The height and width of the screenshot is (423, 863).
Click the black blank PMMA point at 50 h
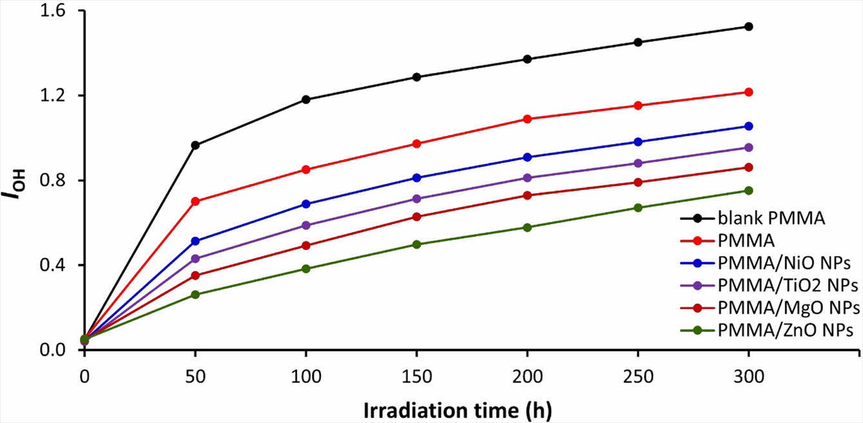point(195,145)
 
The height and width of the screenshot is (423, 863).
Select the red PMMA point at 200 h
point(527,119)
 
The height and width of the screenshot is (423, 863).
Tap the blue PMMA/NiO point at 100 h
point(306,204)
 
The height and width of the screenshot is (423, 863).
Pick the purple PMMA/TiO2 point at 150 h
point(416,199)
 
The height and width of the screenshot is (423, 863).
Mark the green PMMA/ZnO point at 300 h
point(748,190)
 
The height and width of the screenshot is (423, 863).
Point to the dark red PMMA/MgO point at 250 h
point(638,182)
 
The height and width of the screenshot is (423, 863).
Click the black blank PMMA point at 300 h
point(748,26)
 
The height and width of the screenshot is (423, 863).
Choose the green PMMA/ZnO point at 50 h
point(195,295)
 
